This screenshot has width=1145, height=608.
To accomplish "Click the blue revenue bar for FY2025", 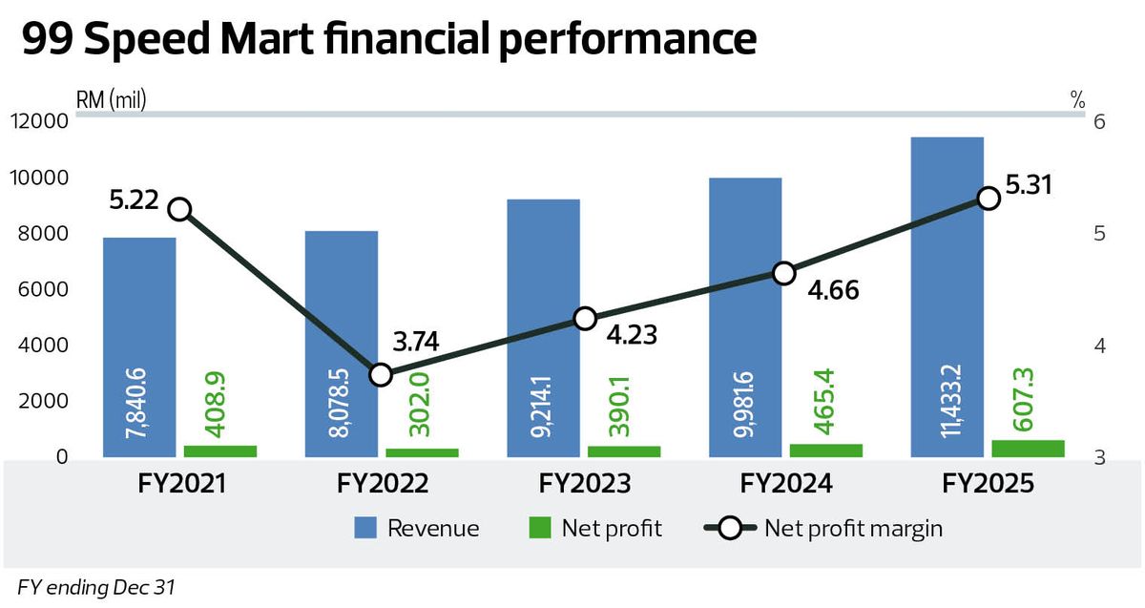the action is [x=947, y=297].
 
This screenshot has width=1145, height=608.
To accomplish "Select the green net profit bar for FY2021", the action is [x=220, y=451].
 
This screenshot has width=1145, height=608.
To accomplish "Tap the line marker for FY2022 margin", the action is [x=381, y=375].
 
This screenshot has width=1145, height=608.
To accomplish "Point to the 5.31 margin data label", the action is [x=1029, y=185].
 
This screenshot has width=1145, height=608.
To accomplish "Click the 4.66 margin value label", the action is [x=833, y=290].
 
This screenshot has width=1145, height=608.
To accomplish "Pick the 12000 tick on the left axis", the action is [x=39, y=122].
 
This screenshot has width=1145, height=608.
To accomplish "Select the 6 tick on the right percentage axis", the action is [x=1099, y=122].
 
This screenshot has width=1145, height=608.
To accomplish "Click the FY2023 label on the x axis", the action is [x=584, y=483].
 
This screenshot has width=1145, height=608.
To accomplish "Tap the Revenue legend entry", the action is [x=417, y=528].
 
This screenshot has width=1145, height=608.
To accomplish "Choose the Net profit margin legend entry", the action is [x=822, y=529].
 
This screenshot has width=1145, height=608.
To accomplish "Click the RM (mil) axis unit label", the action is [x=111, y=99].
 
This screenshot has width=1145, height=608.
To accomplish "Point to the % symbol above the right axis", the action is [x=1077, y=99].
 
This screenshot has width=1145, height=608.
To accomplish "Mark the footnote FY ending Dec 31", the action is [x=96, y=588].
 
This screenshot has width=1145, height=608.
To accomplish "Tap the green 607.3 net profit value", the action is [x=1023, y=399].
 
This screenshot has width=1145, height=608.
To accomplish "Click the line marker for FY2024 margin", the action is [x=784, y=274].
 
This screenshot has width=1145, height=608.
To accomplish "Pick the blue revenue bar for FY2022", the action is [x=342, y=344].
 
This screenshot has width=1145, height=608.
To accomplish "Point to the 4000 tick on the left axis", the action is [x=42, y=346].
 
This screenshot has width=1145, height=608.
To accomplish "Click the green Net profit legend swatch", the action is [x=540, y=528].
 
